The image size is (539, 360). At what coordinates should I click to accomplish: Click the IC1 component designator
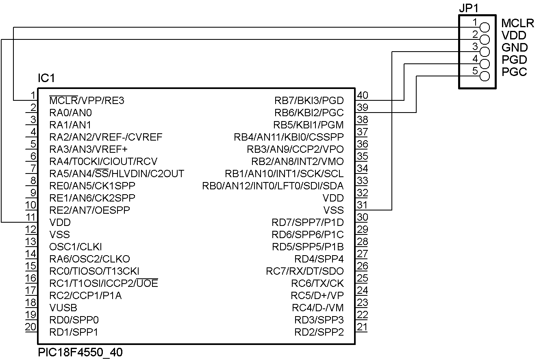(x=46, y=78)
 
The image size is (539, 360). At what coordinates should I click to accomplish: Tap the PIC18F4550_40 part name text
(x=80, y=352)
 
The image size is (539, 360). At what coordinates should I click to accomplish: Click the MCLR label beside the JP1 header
(x=517, y=23)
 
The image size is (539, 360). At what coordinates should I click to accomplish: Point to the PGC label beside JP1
(x=514, y=72)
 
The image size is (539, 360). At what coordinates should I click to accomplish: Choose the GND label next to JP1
(x=514, y=48)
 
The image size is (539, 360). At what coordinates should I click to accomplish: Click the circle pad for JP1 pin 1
(x=485, y=27)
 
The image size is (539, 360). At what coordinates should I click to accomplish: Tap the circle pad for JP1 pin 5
(x=485, y=76)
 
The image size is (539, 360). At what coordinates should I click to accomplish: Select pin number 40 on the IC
(x=362, y=95)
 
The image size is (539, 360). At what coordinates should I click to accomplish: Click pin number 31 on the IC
(x=362, y=205)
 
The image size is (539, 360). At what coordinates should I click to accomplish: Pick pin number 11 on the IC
(x=31, y=217)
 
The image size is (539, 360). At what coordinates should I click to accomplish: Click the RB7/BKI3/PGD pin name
(x=309, y=100)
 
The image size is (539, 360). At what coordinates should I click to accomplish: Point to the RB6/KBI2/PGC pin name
(x=309, y=113)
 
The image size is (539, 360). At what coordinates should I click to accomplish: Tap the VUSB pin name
(x=63, y=308)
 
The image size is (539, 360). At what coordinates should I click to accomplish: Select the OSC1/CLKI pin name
(x=75, y=247)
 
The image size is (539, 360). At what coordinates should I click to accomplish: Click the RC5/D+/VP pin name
(x=317, y=295)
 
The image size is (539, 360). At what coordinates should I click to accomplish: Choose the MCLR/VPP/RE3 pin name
(x=87, y=100)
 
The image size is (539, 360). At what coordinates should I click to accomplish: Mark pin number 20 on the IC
(x=31, y=327)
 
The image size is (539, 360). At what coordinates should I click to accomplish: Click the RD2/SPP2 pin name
(x=319, y=332)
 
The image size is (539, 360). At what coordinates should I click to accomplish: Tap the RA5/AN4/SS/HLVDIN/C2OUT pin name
(x=117, y=173)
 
